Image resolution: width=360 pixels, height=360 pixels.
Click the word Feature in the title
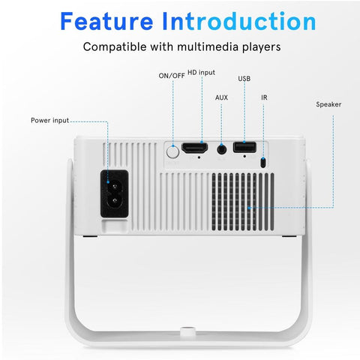[x=106, y=21]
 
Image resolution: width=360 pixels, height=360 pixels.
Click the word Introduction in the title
[x=239, y=21]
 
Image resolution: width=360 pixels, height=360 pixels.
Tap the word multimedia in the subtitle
[x=208, y=46]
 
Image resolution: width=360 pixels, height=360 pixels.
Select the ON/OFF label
[x=172, y=76]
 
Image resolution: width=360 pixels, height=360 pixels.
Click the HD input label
[x=201, y=73]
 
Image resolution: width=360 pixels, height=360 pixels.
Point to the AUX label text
[x=221, y=97]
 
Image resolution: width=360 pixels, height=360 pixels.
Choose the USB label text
[x=244, y=79]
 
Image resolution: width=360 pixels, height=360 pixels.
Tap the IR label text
[x=264, y=97]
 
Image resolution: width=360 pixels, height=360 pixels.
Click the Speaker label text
[x=328, y=104]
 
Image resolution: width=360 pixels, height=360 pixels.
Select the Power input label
[x=49, y=121]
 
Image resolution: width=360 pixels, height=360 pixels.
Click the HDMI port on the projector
[x=195, y=148]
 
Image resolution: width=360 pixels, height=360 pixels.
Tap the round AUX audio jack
[x=221, y=150]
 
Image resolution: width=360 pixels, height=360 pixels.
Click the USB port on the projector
[x=244, y=147]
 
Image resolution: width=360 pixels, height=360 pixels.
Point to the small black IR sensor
[x=263, y=163]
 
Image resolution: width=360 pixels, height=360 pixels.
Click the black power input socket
[x=115, y=193]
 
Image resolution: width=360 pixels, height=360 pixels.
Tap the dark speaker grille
[x=243, y=202]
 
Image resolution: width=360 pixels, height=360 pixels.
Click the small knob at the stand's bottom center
[x=187, y=332]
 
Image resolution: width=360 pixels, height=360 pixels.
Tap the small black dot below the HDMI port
[x=199, y=157]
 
